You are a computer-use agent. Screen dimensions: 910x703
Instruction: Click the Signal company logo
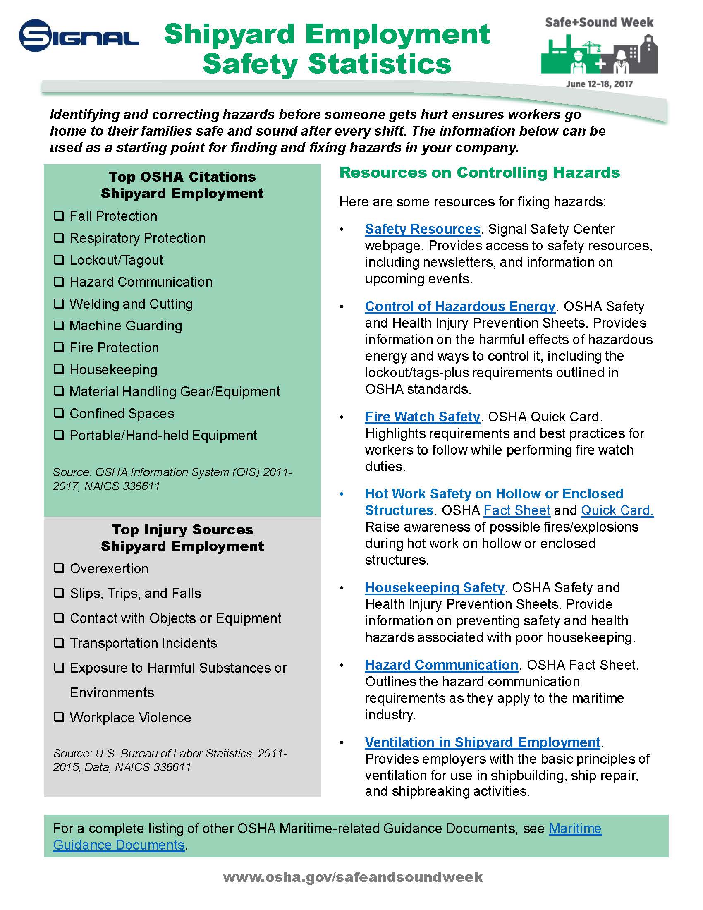pyautogui.click(x=79, y=36)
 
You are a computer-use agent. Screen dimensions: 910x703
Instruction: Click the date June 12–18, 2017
pyautogui.click(x=599, y=84)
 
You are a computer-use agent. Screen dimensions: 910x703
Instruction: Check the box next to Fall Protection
pyautogui.click(x=59, y=216)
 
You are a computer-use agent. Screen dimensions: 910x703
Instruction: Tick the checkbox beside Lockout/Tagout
pyautogui.click(x=59, y=260)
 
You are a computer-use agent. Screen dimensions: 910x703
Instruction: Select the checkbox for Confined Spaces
pyautogui.click(x=59, y=413)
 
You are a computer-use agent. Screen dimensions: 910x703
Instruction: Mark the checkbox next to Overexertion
pyautogui.click(x=59, y=568)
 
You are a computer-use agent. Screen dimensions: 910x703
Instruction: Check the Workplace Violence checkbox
pyautogui.click(x=59, y=717)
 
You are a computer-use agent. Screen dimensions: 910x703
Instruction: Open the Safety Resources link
pyautogui.click(x=422, y=229)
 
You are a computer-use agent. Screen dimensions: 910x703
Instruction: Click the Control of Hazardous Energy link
pyautogui.click(x=460, y=306)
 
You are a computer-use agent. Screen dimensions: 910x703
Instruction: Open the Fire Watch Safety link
pyautogui.click(x=422, y=417)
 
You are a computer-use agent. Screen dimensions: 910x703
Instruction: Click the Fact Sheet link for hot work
pyautogui.click(x=517, y=510)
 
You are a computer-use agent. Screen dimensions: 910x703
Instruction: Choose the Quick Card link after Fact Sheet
pyautogui.click(x=617, y=510)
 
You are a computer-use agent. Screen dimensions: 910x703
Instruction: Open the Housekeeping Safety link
pyautogui.click(x=434, y=587)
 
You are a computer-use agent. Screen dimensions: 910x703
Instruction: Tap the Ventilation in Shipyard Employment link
pyautogui.click(x=482, y=742)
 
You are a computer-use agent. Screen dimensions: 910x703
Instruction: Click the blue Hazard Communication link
pyautogui.click(x=441, y=665)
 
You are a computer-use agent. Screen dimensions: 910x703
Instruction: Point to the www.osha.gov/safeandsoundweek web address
pyautogui.click(x=353, y=877)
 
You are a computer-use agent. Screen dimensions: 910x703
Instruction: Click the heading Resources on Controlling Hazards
pyautogui.click(x=479, y=172)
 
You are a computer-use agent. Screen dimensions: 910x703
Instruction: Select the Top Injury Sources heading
pyautogui.click(x=182, y=529)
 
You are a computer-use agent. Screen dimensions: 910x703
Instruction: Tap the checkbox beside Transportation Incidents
pyautogui.click(x=59, y=643)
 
